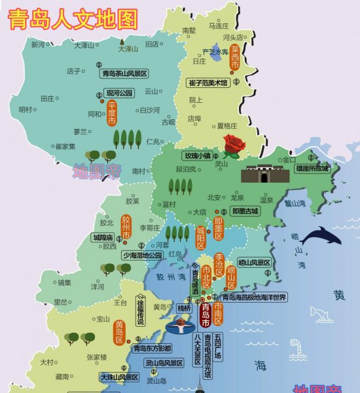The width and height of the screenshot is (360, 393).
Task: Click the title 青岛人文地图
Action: (x=73, y=18)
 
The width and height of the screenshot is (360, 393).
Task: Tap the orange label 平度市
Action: (x=112, y=113)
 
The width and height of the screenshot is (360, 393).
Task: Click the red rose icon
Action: (x=234, y=143)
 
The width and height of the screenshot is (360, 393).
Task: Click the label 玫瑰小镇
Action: (x=197, y=156)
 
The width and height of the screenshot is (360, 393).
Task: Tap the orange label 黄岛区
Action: (x=119, y=333)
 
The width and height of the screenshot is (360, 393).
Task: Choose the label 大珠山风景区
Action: (x=119, y=377)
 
